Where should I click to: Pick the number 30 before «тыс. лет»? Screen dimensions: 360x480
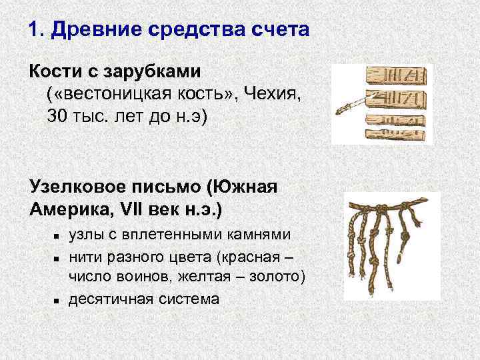pyautogui.click(x=57, y=117)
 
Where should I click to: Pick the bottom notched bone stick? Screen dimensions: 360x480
pyautogui.click(x=395, y=133)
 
